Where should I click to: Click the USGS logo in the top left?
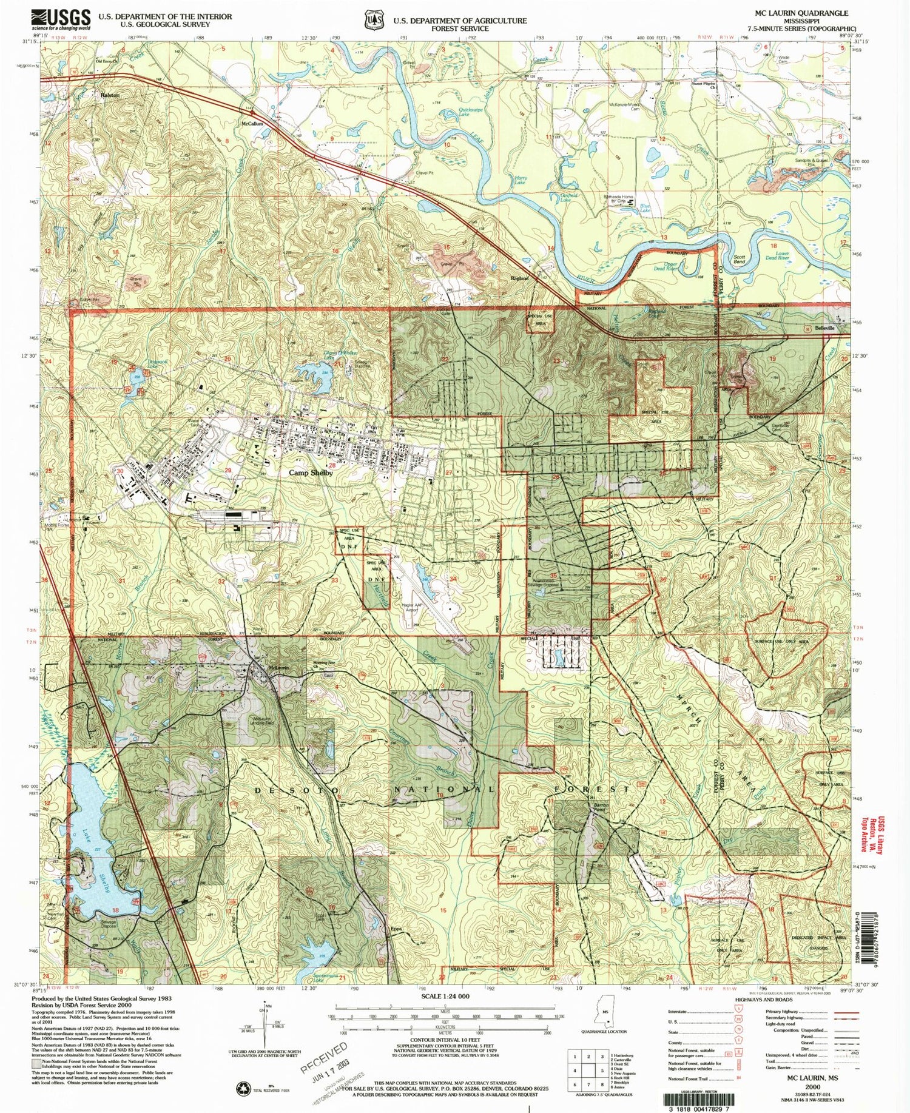click(61, 19)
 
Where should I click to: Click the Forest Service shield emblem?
click(374, 20)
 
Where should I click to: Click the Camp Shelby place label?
click(311, 473)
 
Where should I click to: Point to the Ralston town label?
click(110, 95)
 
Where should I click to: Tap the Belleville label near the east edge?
click(824, 328)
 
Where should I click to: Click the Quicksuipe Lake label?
click(456, 113)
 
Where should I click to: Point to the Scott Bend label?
click(739, 259)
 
